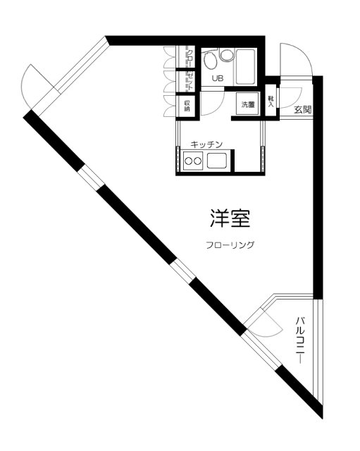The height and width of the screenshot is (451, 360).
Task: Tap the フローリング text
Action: pyautogui.click(x=230, y=246)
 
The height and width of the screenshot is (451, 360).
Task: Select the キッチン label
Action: pyautogui.click(x=206, y=144)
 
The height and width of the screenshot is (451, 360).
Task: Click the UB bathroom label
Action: pyautogui.click(x=216, y=78)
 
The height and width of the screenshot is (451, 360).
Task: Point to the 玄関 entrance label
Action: pyautogui.click(x=303, y=109)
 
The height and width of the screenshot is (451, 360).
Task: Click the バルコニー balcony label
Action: pyautogui.click(x=299, y=340)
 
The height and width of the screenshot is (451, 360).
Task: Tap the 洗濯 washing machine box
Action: pyautogui.click(x=248, y=105)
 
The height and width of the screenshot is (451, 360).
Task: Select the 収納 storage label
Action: pyautogui.click(x=187, y=105)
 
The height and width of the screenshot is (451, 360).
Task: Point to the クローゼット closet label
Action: pyautogui.click(x=188, y=68)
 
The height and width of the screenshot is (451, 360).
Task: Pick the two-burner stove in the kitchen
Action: pyautogui.click(x=193, y=163)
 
